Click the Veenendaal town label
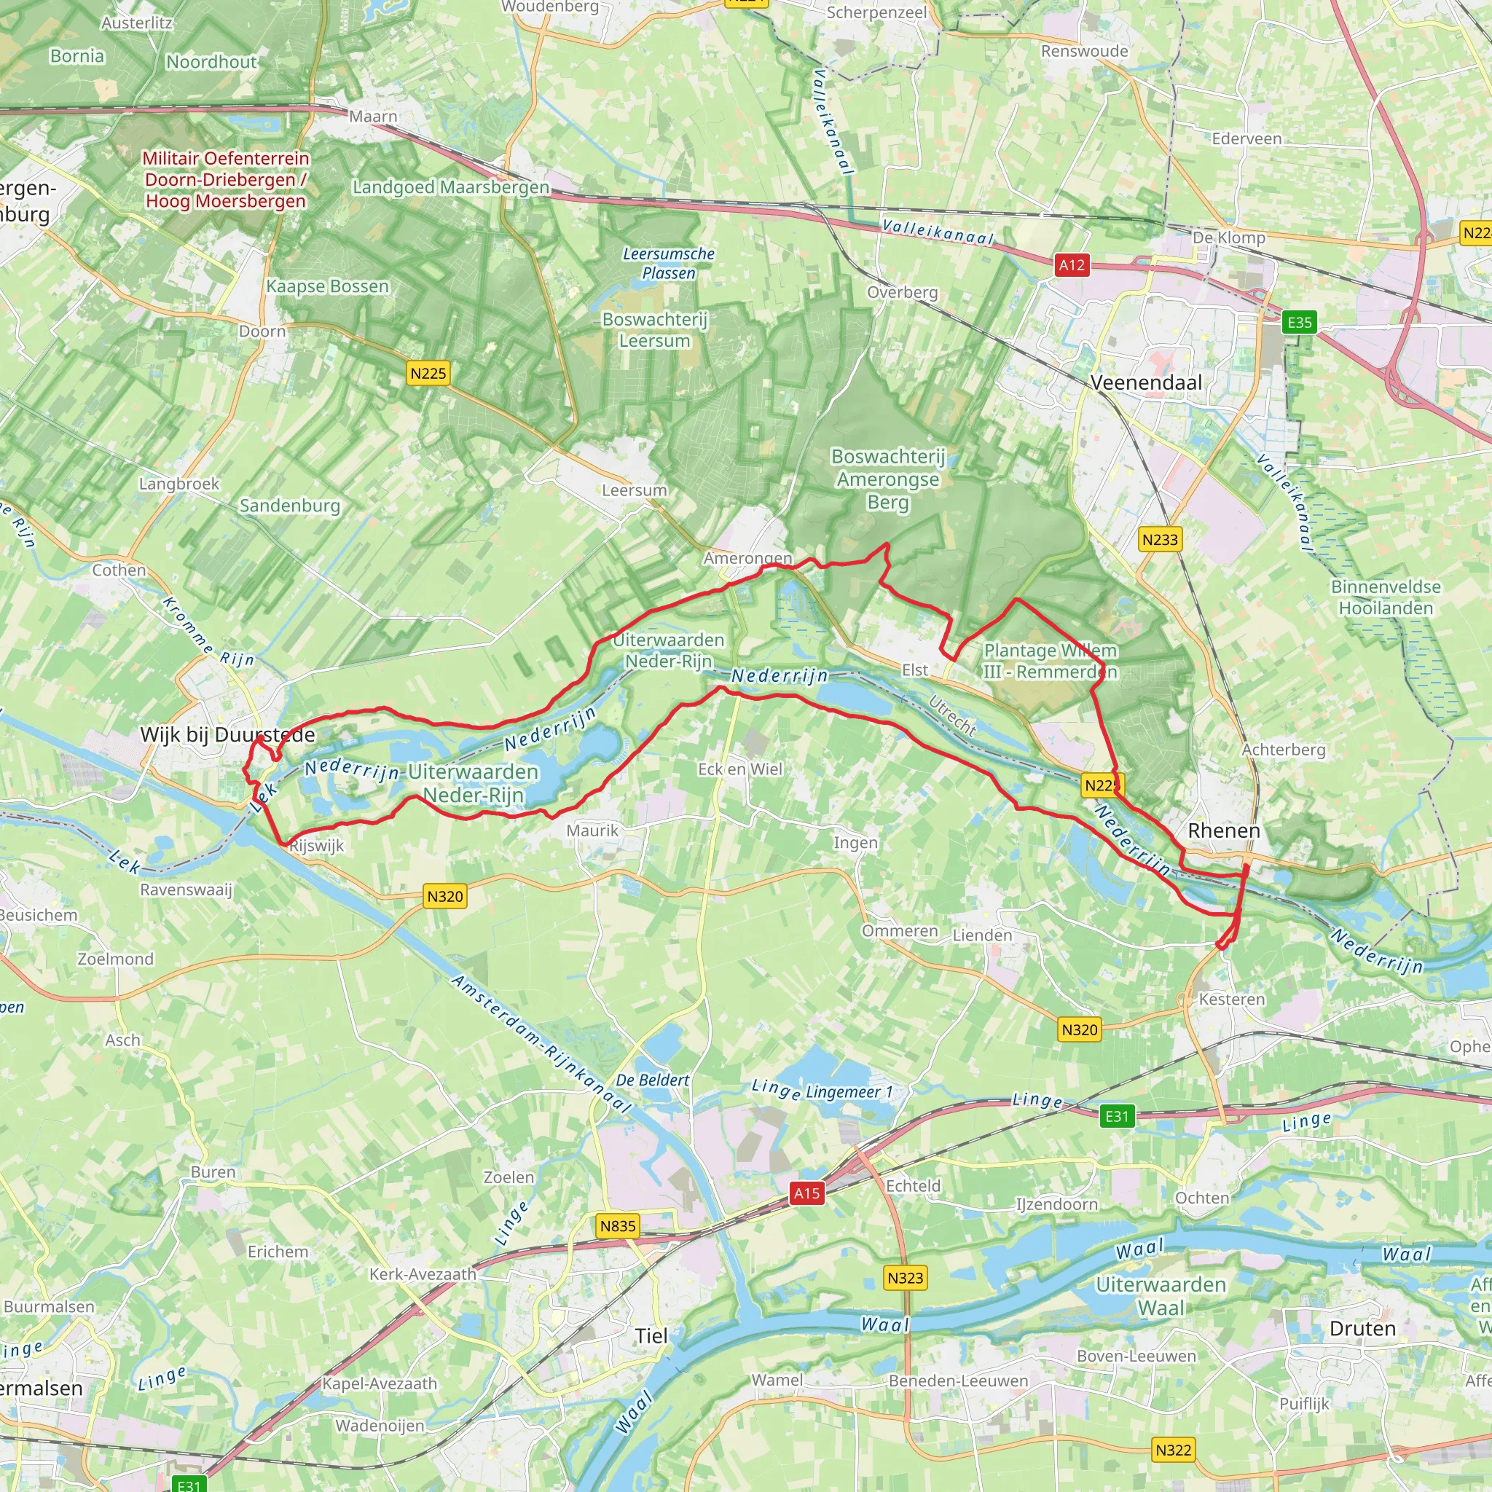point(1146,382)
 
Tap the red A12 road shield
point(1071,266)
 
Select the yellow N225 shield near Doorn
point(428,374)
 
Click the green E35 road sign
point(1299,322)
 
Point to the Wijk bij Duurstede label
point(227,734)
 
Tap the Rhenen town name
point(1223,831)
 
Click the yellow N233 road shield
point(1159,540)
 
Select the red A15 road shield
point(807,1193)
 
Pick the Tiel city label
point(651,1336)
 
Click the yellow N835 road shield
point(618,1225)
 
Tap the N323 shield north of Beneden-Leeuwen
point(905,1277)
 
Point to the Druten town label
point(1362,1328)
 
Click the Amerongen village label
point(747,557)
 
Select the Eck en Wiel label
point(740,769)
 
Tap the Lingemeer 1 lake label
point(849,1092)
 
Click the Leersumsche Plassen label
point(669,263)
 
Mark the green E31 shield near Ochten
point(1117,1116)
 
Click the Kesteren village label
point(1232,1000)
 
